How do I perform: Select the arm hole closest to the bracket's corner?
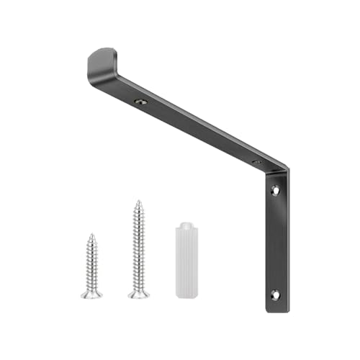256,162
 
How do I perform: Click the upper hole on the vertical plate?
274,191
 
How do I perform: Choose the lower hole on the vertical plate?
274,294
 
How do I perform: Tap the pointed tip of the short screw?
91,234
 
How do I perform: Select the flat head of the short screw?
91,294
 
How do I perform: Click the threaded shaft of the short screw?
91,263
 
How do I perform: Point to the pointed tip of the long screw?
138,202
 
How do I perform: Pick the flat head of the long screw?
138,294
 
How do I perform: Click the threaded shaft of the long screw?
138,248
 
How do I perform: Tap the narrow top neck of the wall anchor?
184,220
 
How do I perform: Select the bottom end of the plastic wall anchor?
184,294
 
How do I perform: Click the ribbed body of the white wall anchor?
184,259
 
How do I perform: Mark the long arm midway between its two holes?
198,132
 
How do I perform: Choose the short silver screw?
91,266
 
